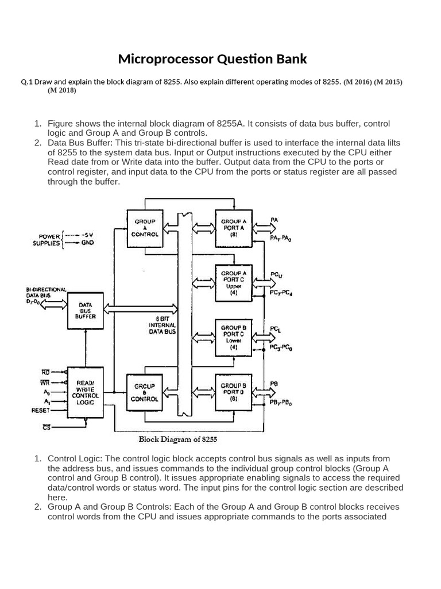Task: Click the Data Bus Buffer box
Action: coord(86,310)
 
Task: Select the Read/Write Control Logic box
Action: coord(86,392)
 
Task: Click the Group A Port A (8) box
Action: coord(234,228)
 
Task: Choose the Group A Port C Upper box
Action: coord(234,282)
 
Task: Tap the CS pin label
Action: coord(47,427)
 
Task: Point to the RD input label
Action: coord(46,372)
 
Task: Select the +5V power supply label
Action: coord(87,235)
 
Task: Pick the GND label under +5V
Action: coord(87,243)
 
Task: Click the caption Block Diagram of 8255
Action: coord(178,439)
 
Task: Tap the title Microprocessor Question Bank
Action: coord(212,59)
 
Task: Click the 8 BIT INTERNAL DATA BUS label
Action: coord(162,324)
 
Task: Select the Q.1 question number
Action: coord(27,82)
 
